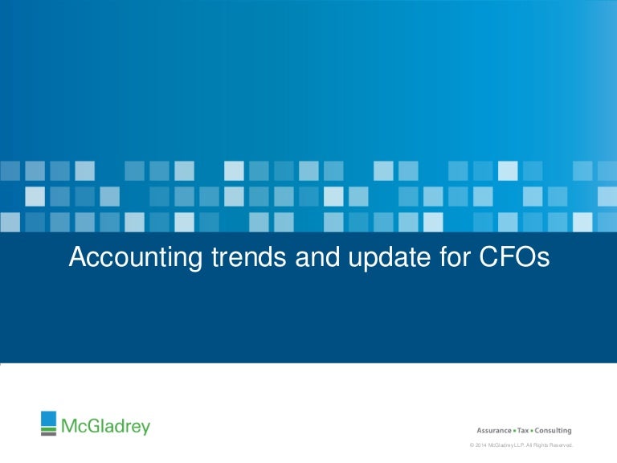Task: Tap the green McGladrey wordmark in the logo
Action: [x=105, y=425]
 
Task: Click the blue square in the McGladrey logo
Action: [x=49, y=419]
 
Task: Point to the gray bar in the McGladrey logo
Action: [x=49, y=433]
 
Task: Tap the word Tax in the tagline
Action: [x=523, y=431]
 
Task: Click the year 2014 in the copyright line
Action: [x=481, y=445]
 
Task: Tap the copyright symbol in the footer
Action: [x=472, y=445]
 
